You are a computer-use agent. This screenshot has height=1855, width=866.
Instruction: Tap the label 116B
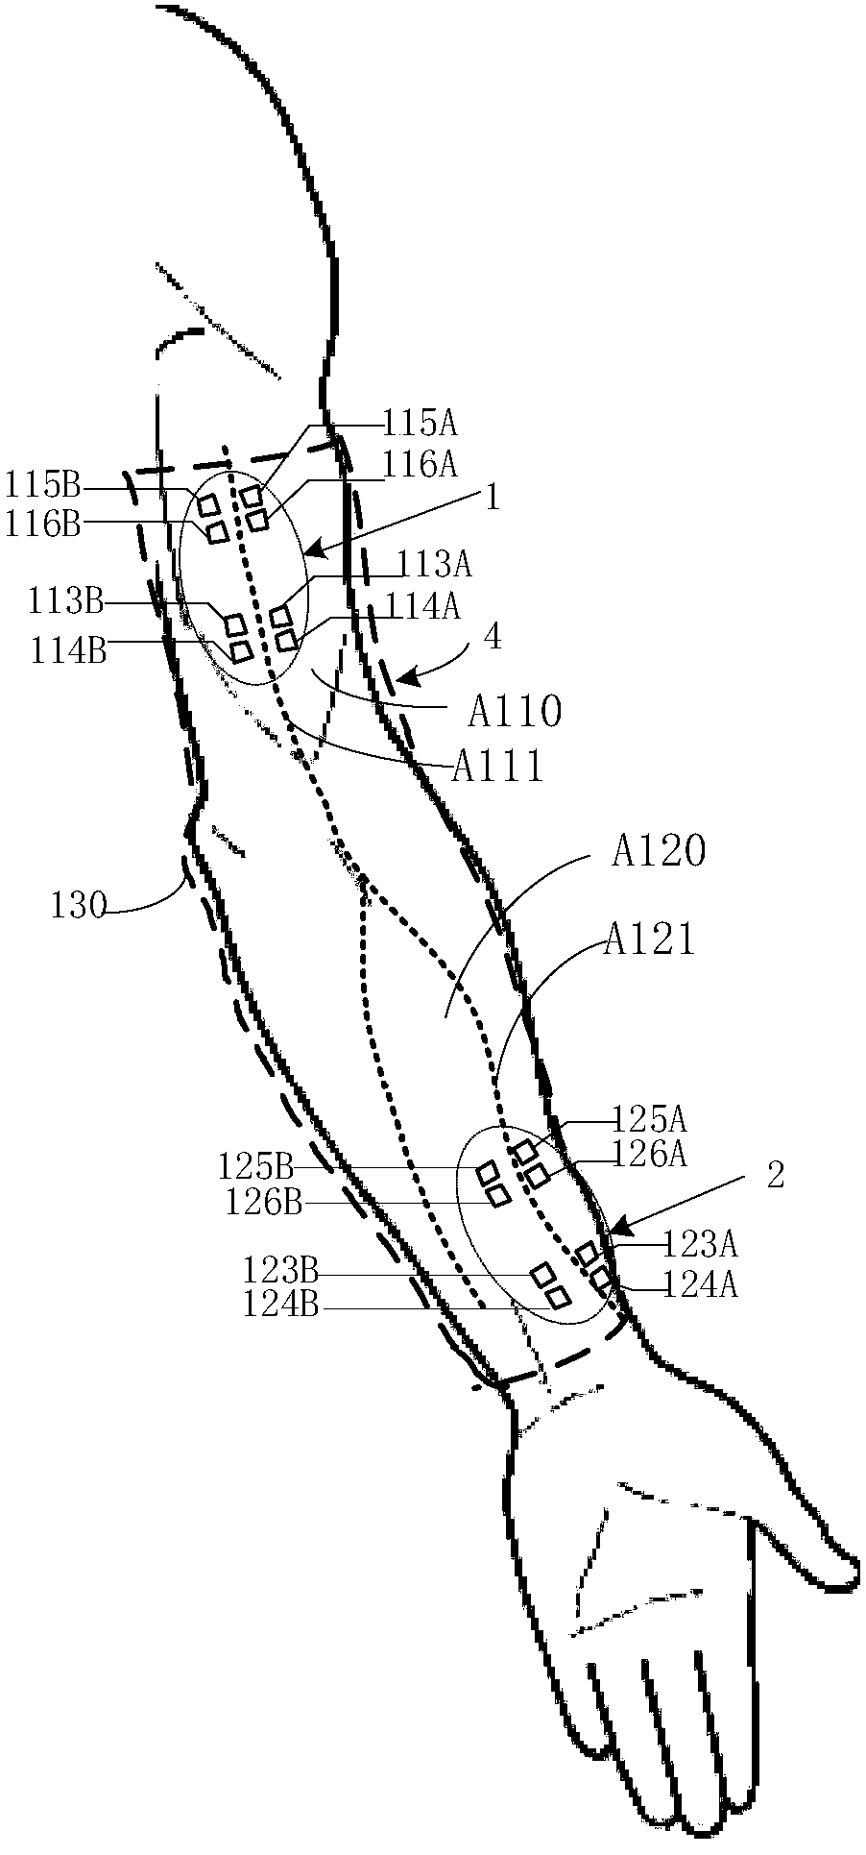pyautogui.click(x=43, y=525)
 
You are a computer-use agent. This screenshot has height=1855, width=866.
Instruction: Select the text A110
pyautogui.click(x=515, y=712)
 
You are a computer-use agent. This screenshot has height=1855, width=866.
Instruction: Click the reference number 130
pyautogui.click(x=79, y=905)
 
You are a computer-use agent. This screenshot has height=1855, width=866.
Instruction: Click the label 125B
pyautogui.click(x=254, y=1167)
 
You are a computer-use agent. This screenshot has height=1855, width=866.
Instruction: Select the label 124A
pyautogui.click(x=699, y=1285)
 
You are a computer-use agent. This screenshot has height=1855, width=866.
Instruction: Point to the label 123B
pyautogui.click(x=279, y=1271)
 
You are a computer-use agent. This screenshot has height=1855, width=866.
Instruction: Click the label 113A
pyautogui.click(x=436, y=565)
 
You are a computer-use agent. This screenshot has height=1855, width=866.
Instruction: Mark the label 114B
pyautogui.click(x=69, y=650)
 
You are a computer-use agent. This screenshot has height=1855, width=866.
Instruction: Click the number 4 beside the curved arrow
pyautogui.click(x=492, y=637)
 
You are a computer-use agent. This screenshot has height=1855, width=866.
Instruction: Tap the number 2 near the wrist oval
pyautogui.click(x=776, y=1175)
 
